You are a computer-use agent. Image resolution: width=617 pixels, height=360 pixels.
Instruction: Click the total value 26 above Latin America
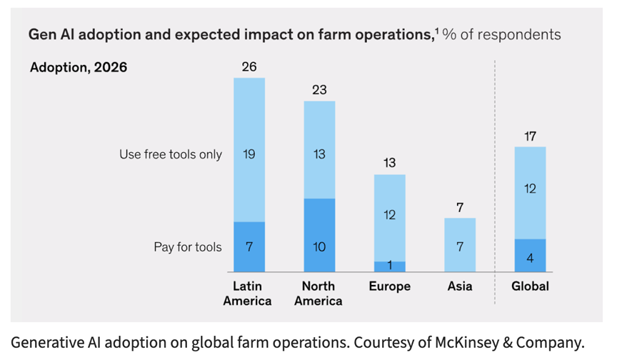[x=249, y=67]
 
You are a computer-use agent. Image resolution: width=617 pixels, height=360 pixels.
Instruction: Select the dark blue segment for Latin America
[x=249, y=246]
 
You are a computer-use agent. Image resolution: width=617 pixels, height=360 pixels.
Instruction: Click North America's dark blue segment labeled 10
[x=319, y=235]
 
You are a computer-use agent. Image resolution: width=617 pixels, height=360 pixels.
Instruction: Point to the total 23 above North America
[x=319, y=90]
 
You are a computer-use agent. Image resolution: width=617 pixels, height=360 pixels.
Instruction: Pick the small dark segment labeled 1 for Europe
[x=390, y=266]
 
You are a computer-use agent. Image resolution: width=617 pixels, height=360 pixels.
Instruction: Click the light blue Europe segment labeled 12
[x=390, y=218]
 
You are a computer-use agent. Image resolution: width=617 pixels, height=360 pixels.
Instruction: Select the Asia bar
[x=460, y=245]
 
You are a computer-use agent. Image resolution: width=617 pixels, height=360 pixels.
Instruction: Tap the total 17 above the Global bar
[x=530, y=136]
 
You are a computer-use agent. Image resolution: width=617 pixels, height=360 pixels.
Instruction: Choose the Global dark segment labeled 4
[x=530, y=255]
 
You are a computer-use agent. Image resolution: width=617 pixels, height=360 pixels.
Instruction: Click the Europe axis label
[x=390, y=286]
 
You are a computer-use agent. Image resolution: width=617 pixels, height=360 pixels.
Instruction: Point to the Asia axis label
[x=460, y=286]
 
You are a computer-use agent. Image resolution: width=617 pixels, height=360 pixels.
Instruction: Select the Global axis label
[x=530, y=286]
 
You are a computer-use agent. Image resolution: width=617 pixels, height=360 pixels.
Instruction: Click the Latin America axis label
[x=247, y=294]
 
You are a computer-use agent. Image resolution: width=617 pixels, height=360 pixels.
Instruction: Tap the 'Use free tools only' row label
[x=171, y=154]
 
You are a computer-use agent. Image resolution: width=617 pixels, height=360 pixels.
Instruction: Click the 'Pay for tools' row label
[x=188, y=247]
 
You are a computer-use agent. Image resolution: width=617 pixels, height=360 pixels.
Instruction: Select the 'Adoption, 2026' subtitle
[x=79, y=67]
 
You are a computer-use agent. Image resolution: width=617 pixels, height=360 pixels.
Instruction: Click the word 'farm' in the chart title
[x=334, y=34]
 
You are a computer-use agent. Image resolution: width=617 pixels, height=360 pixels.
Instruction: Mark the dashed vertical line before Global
[x=495, y=182]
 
